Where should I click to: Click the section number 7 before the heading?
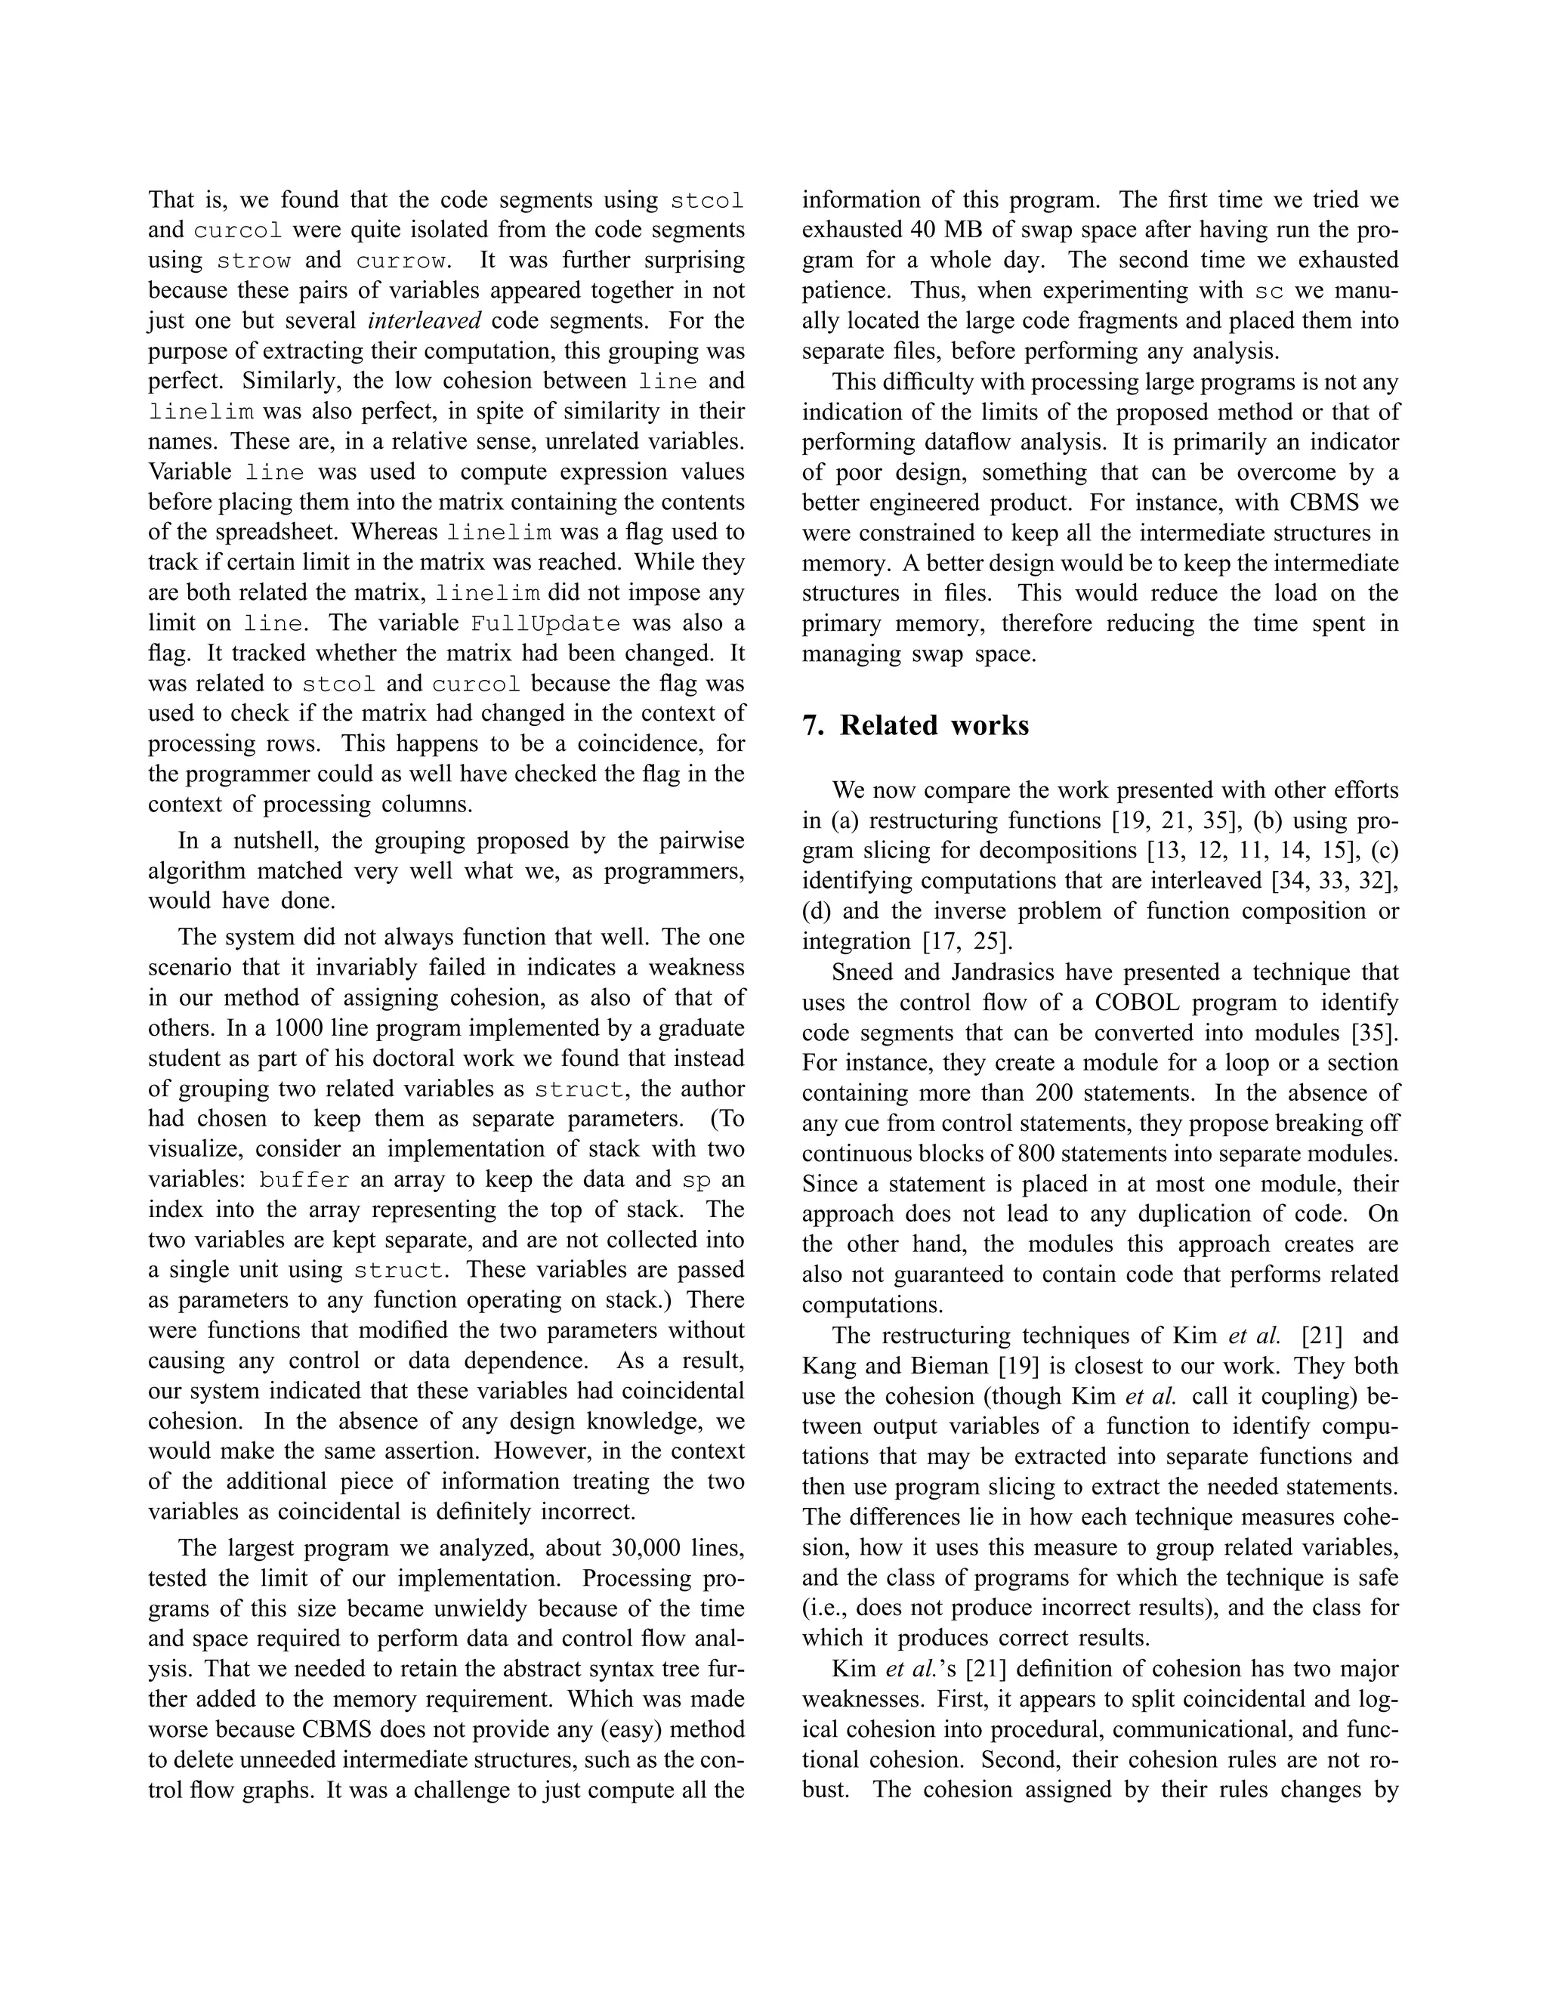(x=811, y=725)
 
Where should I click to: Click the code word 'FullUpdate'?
(x=545, y=624)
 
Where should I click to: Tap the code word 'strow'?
(x=254, y=261)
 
